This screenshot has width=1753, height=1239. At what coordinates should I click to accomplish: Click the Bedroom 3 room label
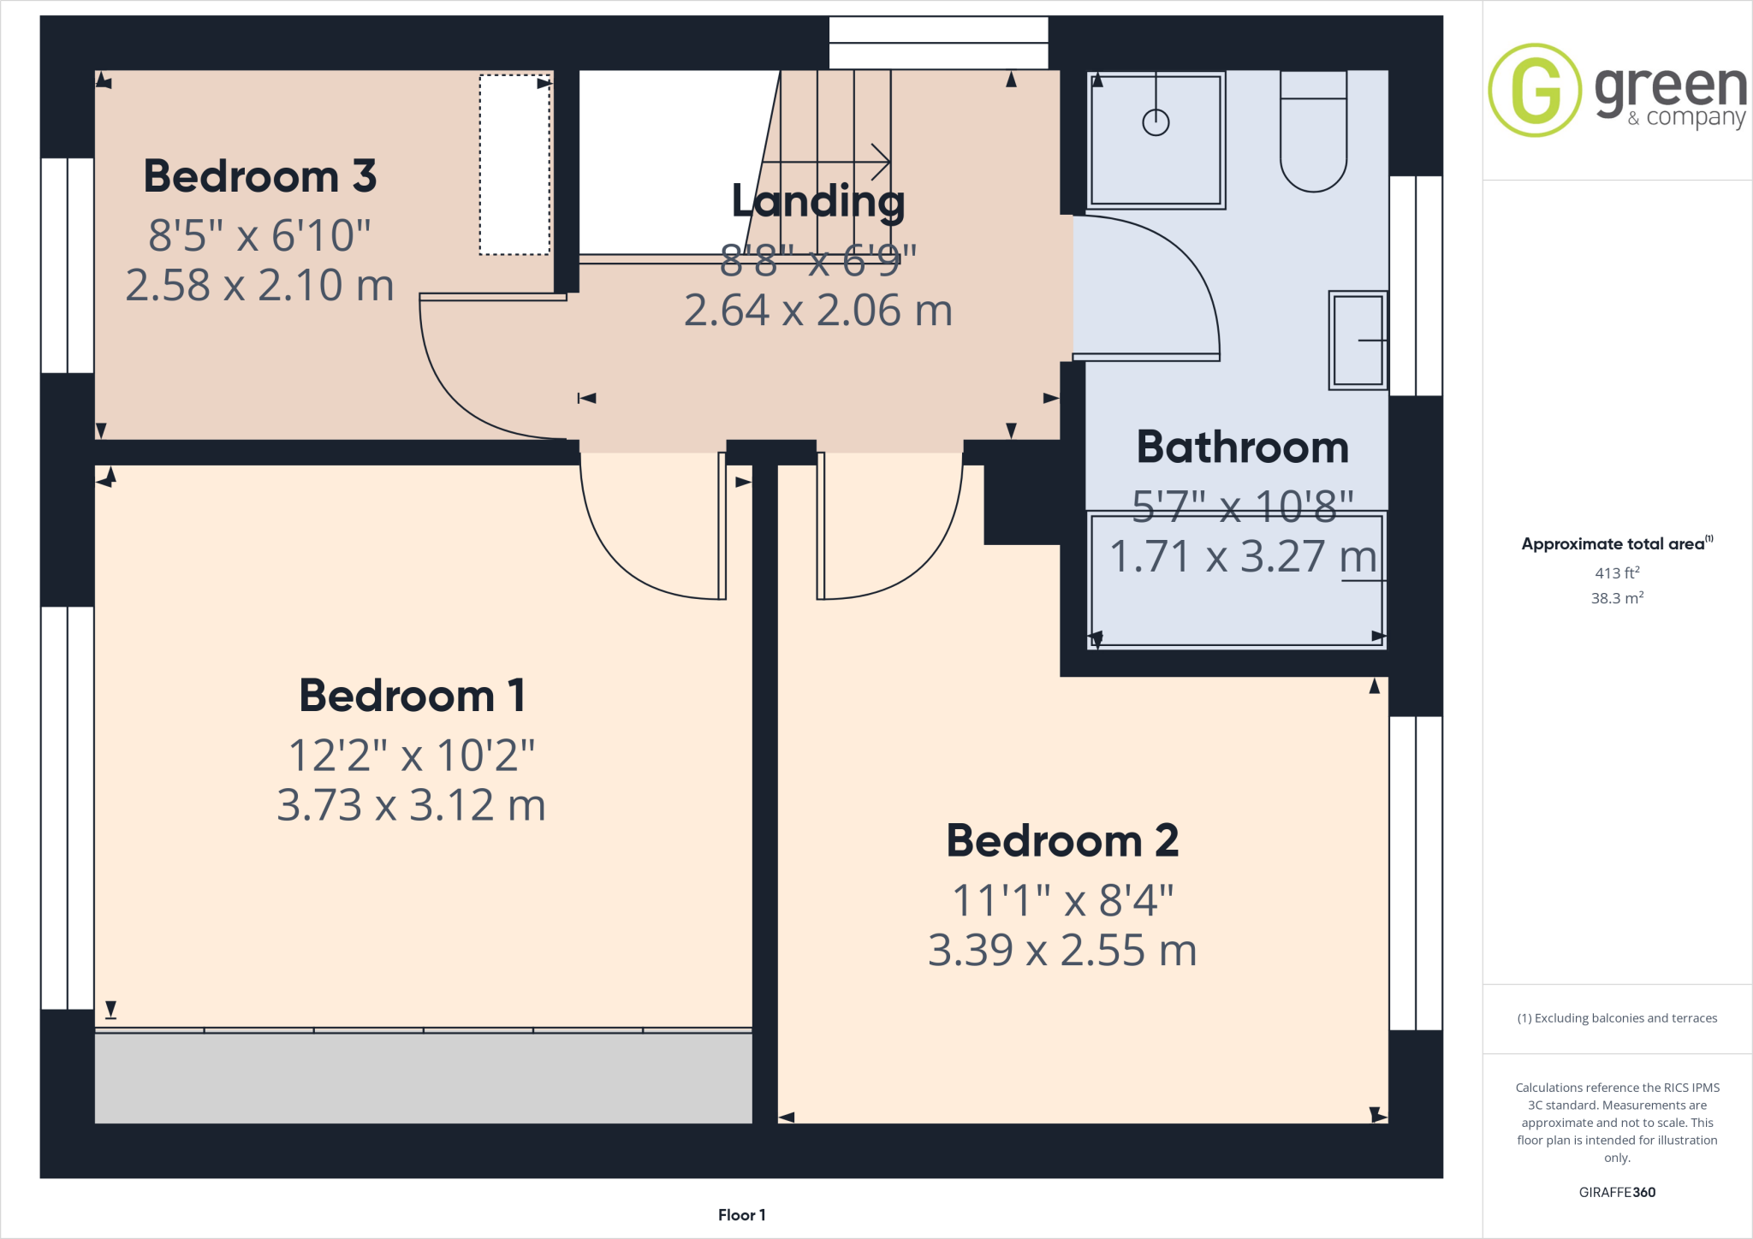(x=259, y=176)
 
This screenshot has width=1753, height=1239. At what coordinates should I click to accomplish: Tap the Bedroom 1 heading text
(x=412, y=696)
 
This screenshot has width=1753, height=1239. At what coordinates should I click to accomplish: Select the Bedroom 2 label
(x=1062, y=840)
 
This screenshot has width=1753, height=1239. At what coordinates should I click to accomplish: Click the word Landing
(x=817, y=201)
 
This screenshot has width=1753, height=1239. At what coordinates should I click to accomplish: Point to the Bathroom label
(x=1242, y=448)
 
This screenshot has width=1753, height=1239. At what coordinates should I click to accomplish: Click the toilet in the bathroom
(x=1313, y=137)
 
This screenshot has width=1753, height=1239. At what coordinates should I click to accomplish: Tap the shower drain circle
(x=1156, y=122)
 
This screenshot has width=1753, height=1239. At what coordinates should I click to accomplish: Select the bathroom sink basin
(x=1358, y=341)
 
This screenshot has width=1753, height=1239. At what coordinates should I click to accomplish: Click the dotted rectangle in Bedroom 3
(x=514, y=165)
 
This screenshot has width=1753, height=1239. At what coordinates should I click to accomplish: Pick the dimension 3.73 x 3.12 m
(x=412, y=805)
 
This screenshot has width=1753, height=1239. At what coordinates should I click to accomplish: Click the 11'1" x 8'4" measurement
(x=1062, y=900)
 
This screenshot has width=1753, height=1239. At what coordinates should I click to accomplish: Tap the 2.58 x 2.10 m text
(x=259, y=285)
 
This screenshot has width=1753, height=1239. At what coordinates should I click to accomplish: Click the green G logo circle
(x=1535, y=90)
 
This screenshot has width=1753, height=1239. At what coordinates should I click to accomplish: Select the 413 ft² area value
(x=1616, y=573)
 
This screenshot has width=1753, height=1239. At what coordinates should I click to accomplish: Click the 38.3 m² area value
(x=1616, y=598)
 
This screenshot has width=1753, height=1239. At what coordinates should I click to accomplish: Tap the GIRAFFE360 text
(x=1617, y=1192)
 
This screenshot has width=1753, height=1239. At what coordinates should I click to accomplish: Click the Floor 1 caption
(x=741, y=1215)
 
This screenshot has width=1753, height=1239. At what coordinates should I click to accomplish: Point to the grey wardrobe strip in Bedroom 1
(x=423, y=1078)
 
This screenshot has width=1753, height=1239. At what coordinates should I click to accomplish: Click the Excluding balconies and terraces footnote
(x=1617, y=1018)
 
